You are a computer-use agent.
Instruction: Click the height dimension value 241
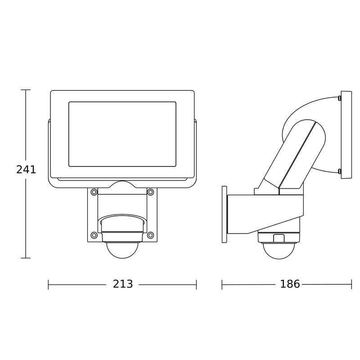pos(26,170)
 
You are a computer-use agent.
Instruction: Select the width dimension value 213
pos(123,284)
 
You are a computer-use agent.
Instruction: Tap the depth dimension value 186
pos(290,284)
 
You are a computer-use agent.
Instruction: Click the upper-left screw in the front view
pos(94,192)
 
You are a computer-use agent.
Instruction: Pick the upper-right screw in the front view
pos(150,192)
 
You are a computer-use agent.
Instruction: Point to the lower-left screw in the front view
pos(94,235)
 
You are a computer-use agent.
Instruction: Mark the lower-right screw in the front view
pos(150,235)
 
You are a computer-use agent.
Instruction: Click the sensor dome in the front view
pos(122,250)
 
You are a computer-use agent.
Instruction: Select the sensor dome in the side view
pos(279,251)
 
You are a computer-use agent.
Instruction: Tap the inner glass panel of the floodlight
pos(122,134)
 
